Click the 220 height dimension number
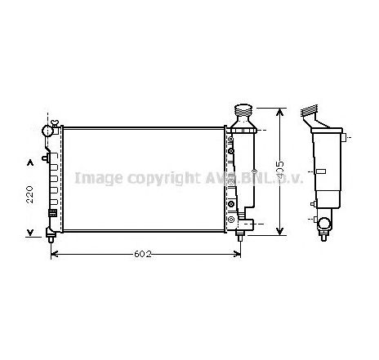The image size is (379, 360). point(29,193)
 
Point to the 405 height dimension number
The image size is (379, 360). point(280,171)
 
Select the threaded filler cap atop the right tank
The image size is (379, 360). point(243,112)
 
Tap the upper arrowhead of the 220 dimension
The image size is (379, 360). point(31,160)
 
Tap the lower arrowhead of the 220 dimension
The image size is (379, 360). point(31,231)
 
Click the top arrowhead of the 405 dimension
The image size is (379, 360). point(280,111)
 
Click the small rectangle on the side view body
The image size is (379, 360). point(322,170)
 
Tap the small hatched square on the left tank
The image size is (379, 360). point(53,213)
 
